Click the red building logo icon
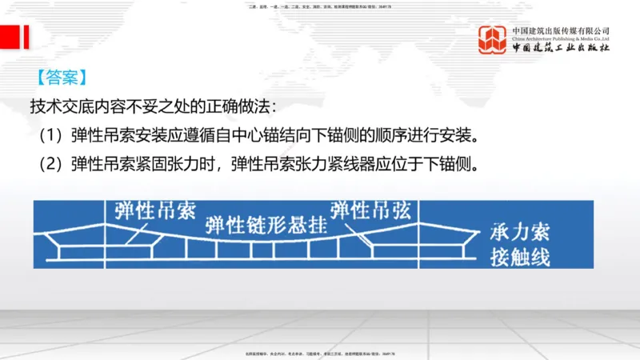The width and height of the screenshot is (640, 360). point(492,39)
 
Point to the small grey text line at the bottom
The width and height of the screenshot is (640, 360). point(320,353)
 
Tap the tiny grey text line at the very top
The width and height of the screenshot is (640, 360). point(320,6)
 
